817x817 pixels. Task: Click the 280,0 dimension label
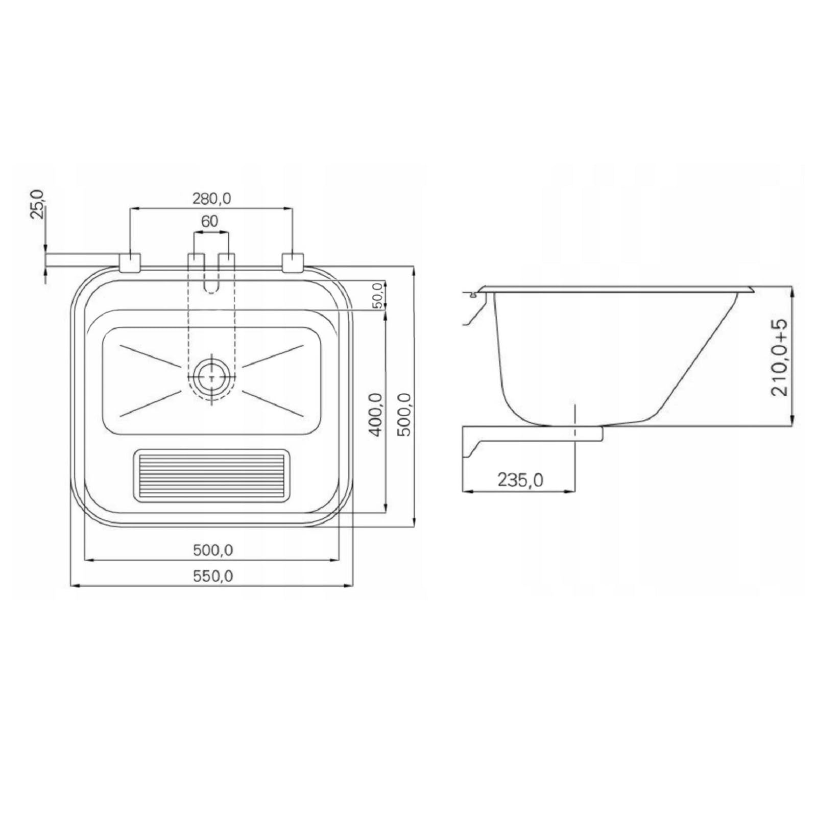[211, 198]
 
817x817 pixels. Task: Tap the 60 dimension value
[209, 221]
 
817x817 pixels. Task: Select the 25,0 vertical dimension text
[37, 204]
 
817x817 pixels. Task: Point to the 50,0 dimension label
[378, 296]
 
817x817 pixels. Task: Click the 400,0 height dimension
[376, 415]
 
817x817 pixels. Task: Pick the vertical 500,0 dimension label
[404, 414]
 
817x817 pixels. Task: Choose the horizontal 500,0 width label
[213, 550]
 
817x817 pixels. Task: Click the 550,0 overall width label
[213, 576]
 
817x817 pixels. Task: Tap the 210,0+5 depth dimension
[779, 357]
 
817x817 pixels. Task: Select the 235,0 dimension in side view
[520, 480]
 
